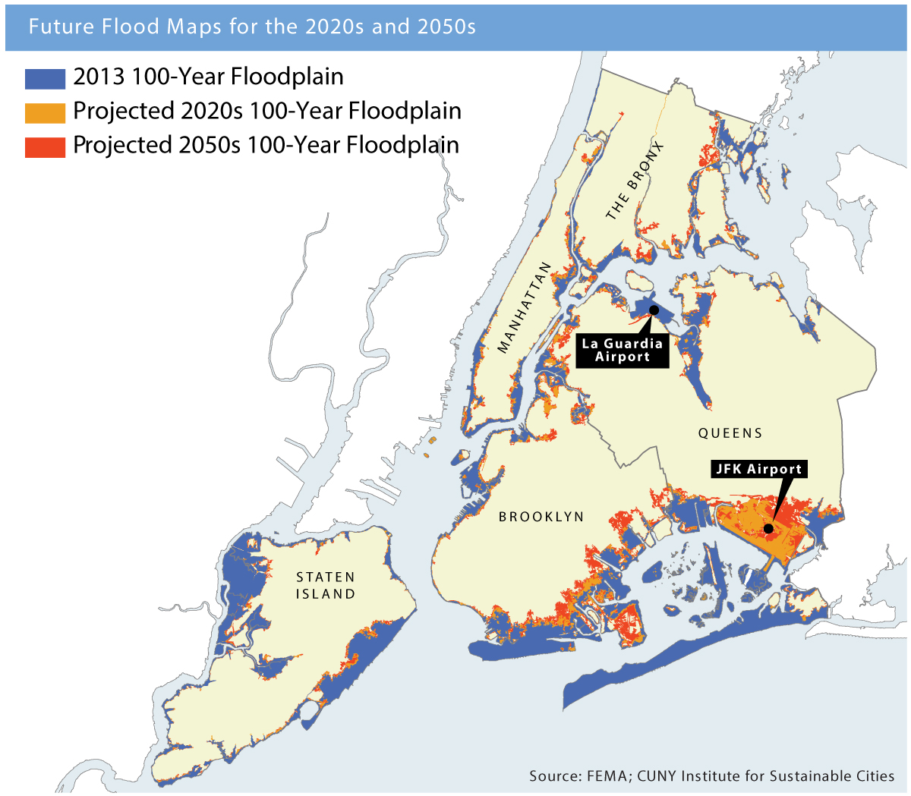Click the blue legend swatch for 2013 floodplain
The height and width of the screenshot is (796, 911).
coord(45,78)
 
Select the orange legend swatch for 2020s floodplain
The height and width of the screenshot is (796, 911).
coord(45,112)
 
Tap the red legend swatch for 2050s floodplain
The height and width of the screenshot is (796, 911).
coord(45,146)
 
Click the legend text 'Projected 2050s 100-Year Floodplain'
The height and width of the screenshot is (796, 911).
coord(266,146)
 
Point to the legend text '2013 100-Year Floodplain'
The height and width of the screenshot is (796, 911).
coord(208,77)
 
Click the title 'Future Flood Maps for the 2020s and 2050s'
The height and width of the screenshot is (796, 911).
coord(252,27)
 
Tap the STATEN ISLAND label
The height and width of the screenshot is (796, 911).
coord(326,586)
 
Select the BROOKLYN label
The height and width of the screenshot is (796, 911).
coord(541,517)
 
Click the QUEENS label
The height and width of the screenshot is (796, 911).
coord(730,433)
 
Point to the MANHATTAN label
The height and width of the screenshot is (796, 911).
coord(524,307)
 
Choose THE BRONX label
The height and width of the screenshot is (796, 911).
coord(635,181)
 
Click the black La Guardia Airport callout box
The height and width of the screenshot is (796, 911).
coord(623,350)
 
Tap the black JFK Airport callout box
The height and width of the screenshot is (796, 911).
coord(758,469)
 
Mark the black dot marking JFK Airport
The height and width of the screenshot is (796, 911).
coord(768,528)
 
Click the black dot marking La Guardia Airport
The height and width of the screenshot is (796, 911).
coord(654,310)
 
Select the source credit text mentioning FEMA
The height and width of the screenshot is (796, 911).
coord(711,776)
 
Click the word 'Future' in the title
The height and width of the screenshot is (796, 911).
coord(56,27)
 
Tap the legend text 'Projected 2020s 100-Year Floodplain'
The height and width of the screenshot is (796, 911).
coord(267,112)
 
